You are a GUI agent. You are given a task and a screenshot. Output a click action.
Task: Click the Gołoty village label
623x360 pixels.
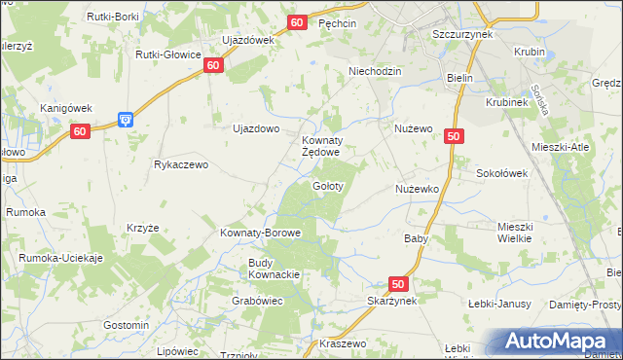326,185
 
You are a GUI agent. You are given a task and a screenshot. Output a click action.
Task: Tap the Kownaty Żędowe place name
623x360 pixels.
320,146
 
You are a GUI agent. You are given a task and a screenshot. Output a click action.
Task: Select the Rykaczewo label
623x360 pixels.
182,165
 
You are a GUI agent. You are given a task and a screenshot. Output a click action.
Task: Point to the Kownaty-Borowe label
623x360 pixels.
260,234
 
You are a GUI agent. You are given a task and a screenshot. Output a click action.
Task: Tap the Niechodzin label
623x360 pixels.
376,72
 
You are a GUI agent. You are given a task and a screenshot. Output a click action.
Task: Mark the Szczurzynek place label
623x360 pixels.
462,32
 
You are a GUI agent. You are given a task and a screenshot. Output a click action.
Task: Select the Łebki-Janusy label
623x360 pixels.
498,304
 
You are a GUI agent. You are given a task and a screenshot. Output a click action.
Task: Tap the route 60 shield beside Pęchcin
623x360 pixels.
298,21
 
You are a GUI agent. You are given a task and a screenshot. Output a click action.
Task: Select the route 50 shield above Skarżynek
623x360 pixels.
397,283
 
